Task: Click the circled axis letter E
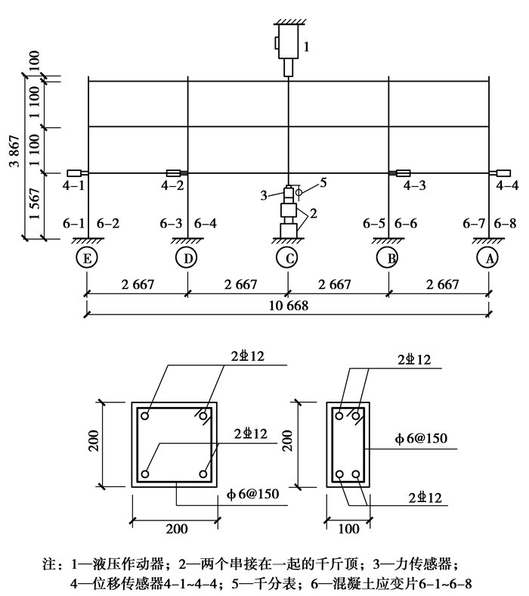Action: pyautogui.click(x=87, y=258)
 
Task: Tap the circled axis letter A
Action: pyautogui.click(x=488, y=258)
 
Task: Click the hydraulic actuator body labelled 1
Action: pyautogui.click(x=288, y=42)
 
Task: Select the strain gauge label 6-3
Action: pyautogui.click(x=171, y=224)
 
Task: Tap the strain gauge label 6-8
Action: pyautogui.click(x=505, y=224)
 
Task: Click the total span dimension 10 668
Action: pyautogui.click(x=288, y=306)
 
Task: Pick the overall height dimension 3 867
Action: pyautogui.click(x=14, y=151)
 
